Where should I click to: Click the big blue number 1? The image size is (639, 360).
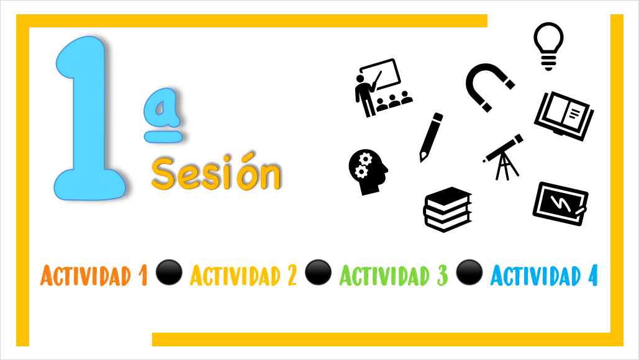point(88,118)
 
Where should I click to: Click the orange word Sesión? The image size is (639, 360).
point(216,173)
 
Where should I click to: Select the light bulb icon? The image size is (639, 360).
point(548,46)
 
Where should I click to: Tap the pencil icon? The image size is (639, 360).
point(431,137)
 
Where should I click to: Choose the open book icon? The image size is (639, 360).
point(564,116)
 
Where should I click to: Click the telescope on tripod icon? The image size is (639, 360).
point(503,157)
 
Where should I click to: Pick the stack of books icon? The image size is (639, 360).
point(448,210)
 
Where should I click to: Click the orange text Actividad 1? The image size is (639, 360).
point(94,276)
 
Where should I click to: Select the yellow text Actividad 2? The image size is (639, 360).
point(243,276)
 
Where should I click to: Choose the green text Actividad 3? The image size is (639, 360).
point(394,276)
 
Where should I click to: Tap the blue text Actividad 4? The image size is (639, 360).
point(544,276)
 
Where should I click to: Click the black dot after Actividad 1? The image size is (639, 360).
point(169,272)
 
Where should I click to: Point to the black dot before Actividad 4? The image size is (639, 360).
point(469,272)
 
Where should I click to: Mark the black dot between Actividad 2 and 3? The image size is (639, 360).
point(319,272)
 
